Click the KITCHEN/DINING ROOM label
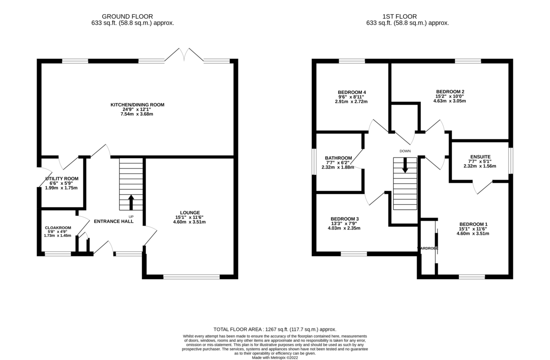pos(137,105)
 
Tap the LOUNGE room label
pos(190,213)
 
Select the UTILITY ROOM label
pos(61,179)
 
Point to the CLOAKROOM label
pos(58,228)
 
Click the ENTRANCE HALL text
pos(114,221)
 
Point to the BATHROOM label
pos(338,158)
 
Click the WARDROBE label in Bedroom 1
pos(428,248)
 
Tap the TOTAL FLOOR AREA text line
pos(275,329)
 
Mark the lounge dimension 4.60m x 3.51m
pos(190,222)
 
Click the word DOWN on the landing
pos(405,151)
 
